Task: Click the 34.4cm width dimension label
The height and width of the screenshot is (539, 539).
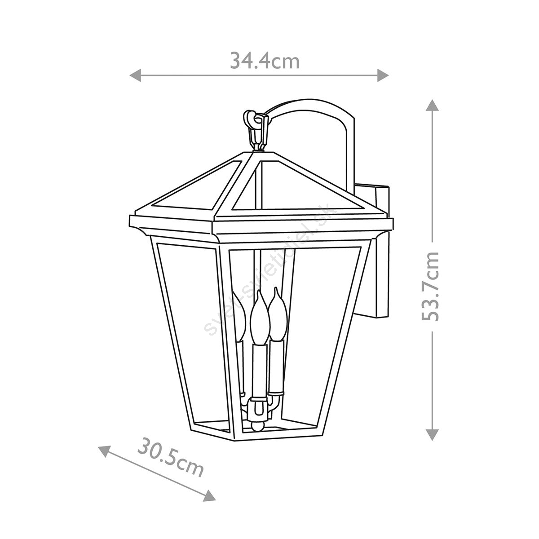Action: coord(265,61)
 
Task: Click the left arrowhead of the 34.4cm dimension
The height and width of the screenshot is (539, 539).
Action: coord(136,75)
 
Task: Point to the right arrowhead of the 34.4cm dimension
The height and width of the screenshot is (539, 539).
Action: coord(383,75)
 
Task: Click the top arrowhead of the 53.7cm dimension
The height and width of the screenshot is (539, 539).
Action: coord(433,105)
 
